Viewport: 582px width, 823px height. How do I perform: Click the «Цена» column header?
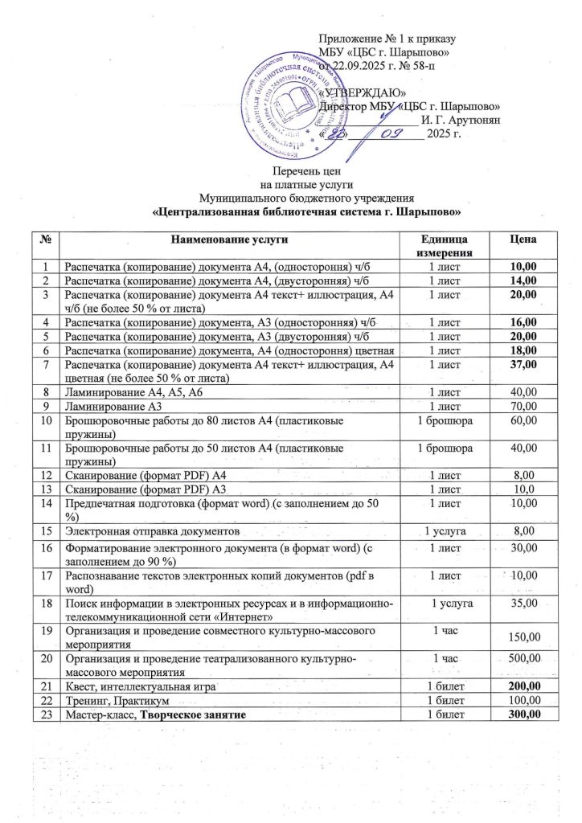(x=523, y=240)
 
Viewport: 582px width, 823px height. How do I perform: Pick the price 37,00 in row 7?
(x=523, y=365)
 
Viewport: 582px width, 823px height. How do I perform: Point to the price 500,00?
(x=523, y=658)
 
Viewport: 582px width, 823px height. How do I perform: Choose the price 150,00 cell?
(x=523, y=637)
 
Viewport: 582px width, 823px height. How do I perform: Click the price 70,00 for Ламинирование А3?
(x=523, y=405)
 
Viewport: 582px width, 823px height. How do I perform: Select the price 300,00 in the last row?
(x=523, y=714)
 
